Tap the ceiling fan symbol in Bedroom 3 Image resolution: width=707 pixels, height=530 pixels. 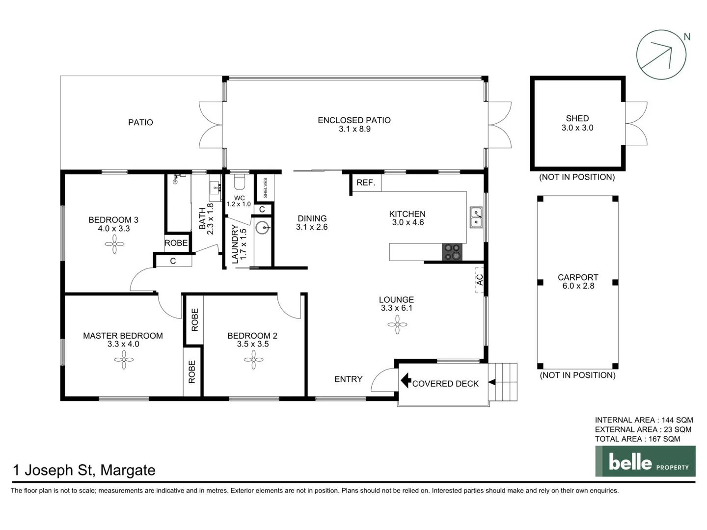point(114,244)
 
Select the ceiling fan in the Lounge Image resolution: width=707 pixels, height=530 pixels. point(397,324)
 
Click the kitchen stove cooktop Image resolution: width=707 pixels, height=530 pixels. point(452,252)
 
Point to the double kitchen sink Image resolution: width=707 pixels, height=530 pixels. point(475,217)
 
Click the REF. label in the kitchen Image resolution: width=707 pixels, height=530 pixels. point(366,183)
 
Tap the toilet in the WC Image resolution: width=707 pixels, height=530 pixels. point(239,183)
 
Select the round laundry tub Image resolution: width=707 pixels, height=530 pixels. point(263,228)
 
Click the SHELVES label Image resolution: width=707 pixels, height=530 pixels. point(266,188)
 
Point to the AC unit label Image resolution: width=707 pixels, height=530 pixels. point(480,280)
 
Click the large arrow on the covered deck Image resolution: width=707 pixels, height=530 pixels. point(406,380)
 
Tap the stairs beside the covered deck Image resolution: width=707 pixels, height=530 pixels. point(504,382)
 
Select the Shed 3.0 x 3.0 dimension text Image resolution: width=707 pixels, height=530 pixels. point(577,128)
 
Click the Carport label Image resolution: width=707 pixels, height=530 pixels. point(578,277)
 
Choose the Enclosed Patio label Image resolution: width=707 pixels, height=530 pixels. point(354,120)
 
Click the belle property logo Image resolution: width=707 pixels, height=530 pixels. point(645,461)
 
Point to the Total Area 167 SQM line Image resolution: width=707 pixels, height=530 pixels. point(637,439)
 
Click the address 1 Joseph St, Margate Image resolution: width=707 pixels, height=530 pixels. point(84,470)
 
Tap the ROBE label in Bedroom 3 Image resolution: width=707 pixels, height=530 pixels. point(176,243)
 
